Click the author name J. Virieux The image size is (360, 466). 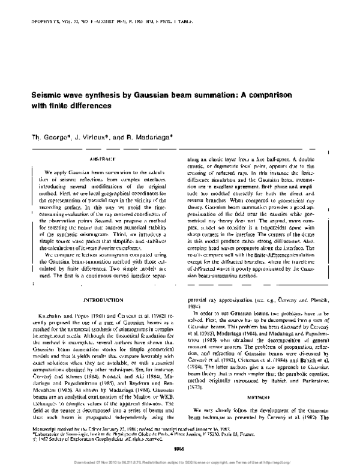pyautogui.click(x=99, y=136)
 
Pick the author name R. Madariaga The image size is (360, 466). pyautogui.click(x=149, y=136)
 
